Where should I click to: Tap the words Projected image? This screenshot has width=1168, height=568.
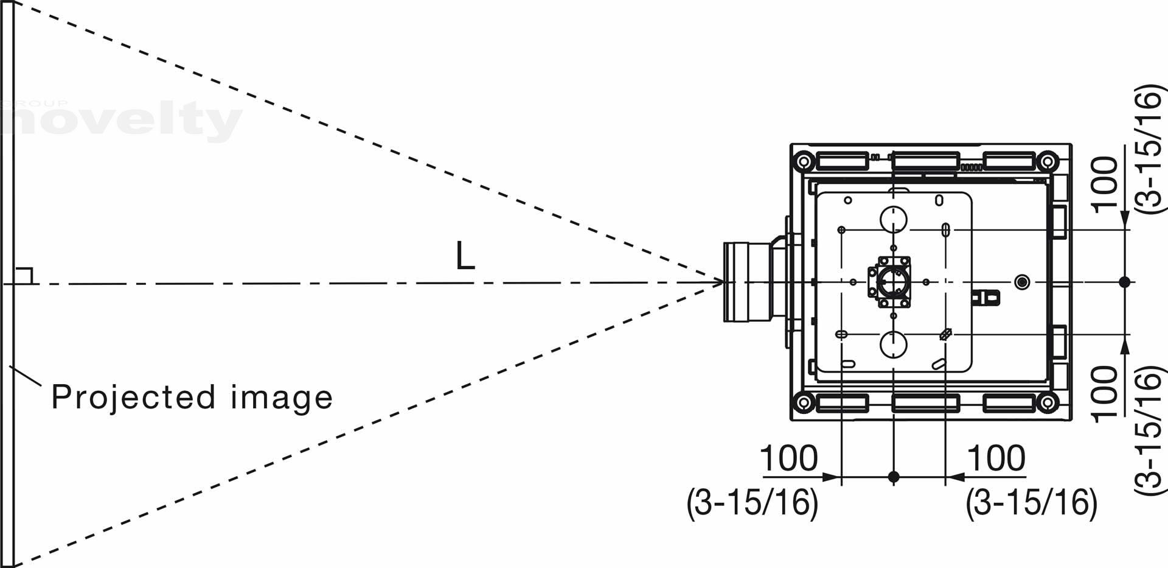(x=192, y=398)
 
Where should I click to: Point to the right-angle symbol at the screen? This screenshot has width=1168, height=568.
(x=23, y=276)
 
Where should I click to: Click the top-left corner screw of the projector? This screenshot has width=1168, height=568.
(x=803, y=161)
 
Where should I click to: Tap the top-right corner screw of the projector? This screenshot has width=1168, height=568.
(x=1048, y=161)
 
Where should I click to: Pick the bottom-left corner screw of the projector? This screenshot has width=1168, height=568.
(x=803, y=402)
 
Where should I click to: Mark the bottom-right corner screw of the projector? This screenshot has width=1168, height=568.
(x=1048, y=402)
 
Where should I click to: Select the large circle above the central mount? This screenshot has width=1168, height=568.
(x=893, y=219)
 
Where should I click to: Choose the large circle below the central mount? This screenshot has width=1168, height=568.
(x=893, y=345)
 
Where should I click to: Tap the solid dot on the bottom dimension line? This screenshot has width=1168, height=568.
(x=893, y=477)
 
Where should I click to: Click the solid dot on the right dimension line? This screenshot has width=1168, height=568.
(x=1124, y=282)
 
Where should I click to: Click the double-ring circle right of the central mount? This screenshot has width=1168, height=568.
(x=1022, y=282)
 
